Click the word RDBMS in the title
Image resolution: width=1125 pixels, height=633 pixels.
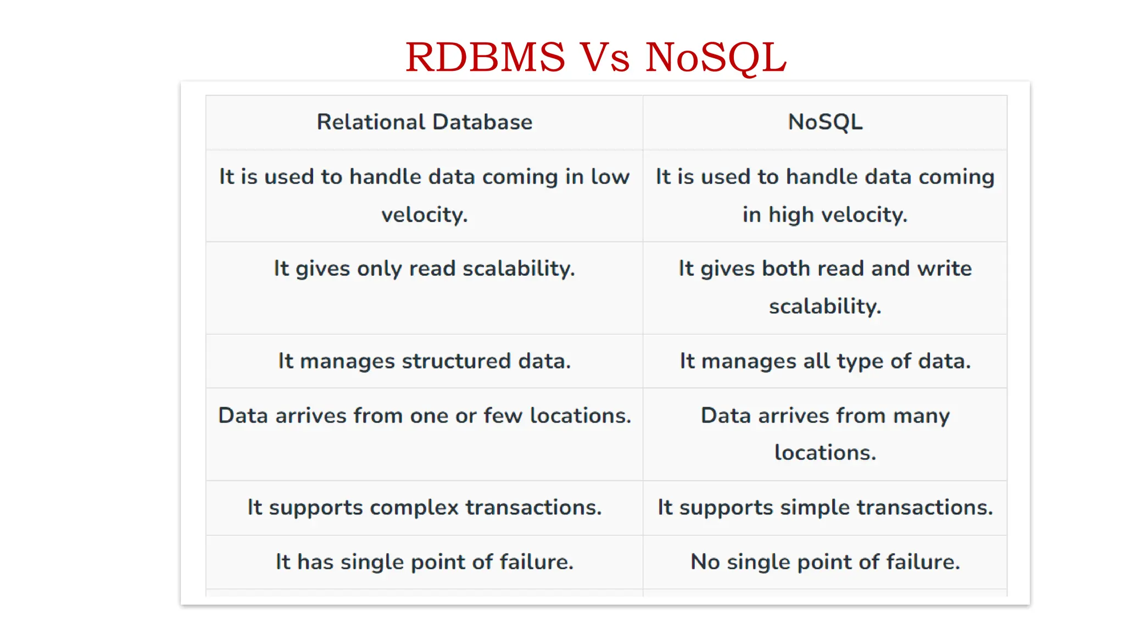tap(485, 57)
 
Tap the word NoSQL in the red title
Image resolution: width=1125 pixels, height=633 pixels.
tap(716, 57)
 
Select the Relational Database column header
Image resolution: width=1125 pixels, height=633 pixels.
tap(424, 122)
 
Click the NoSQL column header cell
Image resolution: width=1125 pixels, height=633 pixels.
tap(825, 122)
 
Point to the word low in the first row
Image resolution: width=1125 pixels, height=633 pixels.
tap(610, 177)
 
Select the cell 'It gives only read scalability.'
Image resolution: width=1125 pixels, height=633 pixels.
tap(424, 269)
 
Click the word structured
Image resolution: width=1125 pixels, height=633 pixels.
tap(456, 361)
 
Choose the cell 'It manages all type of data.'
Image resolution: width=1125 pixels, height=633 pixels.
tap(825, 361)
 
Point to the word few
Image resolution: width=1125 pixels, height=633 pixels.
tap(503, 415)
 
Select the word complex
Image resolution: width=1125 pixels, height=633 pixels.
tap(414, 507)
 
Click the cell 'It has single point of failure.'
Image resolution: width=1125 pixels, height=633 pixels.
tap(424, 562)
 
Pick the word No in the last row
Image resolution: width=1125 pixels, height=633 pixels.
tap(705, 562)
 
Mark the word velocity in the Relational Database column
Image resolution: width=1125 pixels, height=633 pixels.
tap(424, 215)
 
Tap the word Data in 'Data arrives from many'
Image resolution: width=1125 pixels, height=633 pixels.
tap(725, 415)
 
